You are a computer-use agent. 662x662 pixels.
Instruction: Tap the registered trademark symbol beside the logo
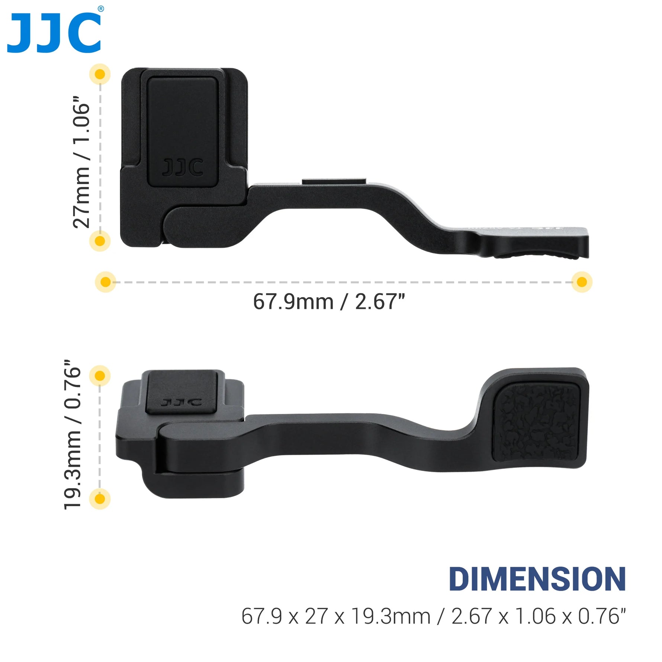[100, 9]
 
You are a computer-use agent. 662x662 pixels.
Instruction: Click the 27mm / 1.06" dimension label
[81, 162]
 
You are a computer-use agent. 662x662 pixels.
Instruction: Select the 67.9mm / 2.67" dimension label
[329, 302]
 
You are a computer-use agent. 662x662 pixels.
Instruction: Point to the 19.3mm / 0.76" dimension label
[72, 434]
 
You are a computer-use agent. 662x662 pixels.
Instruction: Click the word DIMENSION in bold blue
[537, 579]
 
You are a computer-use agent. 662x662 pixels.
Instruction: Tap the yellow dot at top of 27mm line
[100, 74]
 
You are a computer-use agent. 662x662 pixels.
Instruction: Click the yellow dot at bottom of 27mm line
[100, 241]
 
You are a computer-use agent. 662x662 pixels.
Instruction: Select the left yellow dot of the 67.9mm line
[106, 282]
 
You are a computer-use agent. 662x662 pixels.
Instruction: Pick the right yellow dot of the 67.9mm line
[581, 282]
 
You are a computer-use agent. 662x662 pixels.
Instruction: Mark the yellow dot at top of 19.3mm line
[100, 376]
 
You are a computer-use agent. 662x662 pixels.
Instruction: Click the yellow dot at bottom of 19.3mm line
[100, 498]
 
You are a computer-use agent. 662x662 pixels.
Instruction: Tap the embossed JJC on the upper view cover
[183, 167]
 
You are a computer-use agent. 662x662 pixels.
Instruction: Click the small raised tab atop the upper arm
[334, 181]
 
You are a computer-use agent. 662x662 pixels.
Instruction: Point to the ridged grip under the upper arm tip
[536, 256]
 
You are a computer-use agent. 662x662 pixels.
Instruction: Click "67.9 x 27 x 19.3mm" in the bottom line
[335, 616]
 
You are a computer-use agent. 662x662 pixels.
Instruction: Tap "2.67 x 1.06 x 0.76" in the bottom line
[538, 616]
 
